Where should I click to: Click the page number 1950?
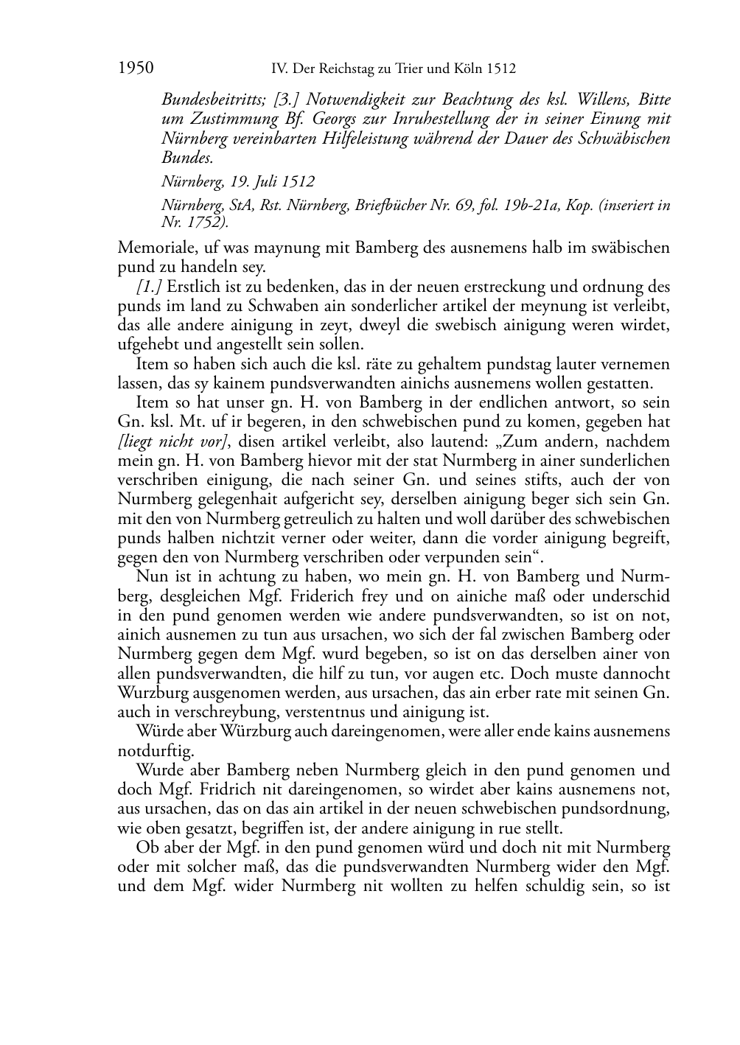pos(136,69)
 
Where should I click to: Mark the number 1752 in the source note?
pos(201,220)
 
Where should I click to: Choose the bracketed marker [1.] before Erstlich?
pos(150,287)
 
